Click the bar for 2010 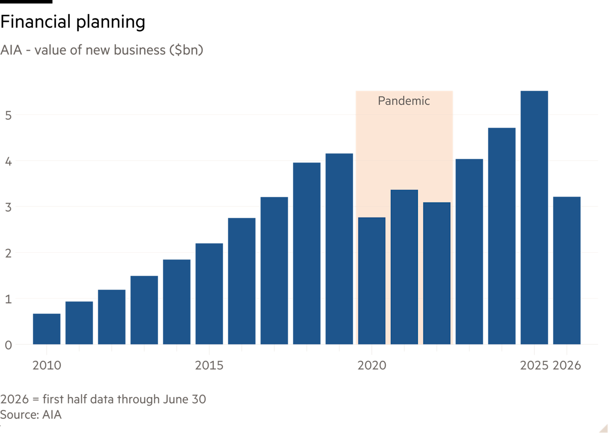47,329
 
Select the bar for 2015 209,294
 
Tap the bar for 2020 372,281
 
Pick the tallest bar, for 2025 534,218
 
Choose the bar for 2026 567,271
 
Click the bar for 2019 339,249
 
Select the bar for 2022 437,274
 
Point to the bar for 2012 112,317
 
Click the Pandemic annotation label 404,101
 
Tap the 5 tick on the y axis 8,115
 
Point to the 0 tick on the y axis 8,345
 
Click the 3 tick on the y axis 8,207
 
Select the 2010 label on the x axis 47,365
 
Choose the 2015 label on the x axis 209,365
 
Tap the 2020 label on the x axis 372,365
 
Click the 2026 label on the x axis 567,365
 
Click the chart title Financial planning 73,22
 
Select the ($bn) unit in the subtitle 186,50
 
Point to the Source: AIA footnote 31,415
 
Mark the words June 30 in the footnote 184,399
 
